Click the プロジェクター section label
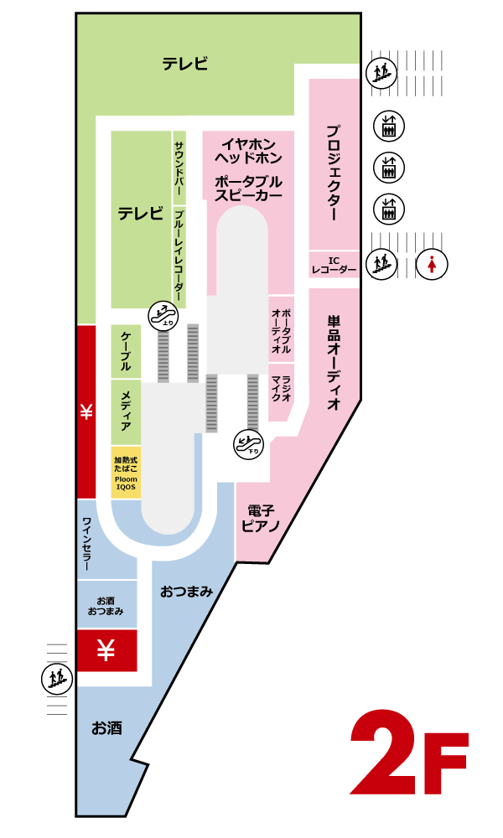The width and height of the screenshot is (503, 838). click(333, 173)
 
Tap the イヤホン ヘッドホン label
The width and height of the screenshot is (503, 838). click(248, 151)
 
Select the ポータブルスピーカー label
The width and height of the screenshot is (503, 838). click(248, 189)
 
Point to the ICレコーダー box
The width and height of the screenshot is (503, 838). click(334, 265)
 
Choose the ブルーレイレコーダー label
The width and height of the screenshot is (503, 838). click(179, 256)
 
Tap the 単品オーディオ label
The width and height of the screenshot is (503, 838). click(334, 362)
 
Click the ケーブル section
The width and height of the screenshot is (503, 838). click(126, 351)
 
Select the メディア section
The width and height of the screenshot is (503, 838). click(126, 412)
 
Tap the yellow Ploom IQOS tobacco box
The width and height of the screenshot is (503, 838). click(126, 473)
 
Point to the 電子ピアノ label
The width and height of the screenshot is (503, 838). click(261, 519)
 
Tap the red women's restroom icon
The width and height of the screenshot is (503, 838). click(432, 264)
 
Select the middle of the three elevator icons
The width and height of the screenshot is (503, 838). click(389, 168)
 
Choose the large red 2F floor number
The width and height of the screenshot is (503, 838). click(409, 753)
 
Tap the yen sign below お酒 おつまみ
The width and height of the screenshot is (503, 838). click(106, 650)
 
